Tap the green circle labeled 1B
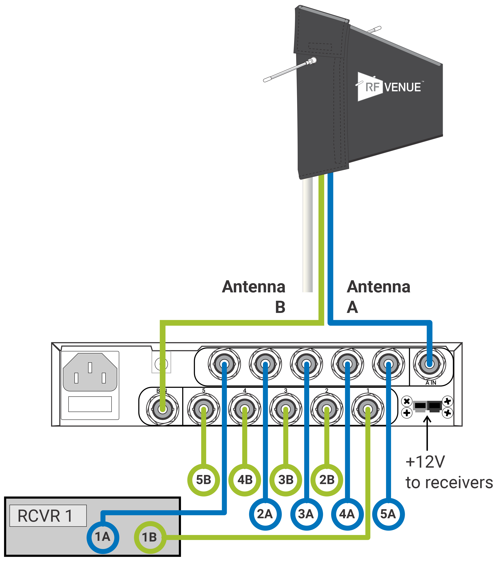tap(150, 537)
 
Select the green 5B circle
tap(204, 480)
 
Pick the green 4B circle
tap(245, 480)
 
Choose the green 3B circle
tap(286, 480)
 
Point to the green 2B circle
tap(327, 480)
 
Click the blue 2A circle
tap(265, 514)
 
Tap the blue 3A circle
tap(306, 514)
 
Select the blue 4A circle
tap(347, 514)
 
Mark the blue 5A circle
tap(388, 514)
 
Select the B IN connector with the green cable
tap(162, 409)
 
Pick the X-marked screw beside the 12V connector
tap(407, 401)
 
